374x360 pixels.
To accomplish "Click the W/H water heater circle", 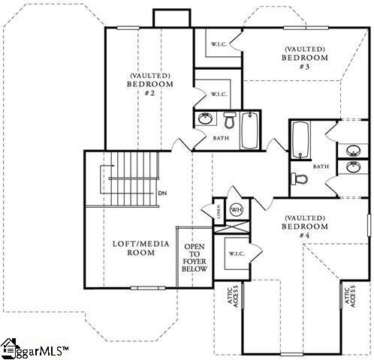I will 236,210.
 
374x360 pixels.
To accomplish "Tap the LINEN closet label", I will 219,211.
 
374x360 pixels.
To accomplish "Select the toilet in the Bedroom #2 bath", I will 228,119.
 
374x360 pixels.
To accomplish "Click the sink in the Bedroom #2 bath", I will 204,118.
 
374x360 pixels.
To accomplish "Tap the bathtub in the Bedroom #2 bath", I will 250,129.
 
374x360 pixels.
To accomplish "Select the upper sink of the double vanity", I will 351,147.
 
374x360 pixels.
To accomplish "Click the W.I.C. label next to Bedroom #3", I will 219,43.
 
